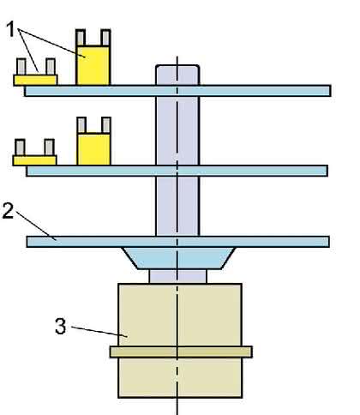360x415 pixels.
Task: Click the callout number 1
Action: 10,29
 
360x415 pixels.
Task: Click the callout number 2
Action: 8,211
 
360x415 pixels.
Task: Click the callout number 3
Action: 60,326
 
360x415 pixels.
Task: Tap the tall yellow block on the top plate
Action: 93,65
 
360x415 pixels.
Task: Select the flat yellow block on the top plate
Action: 35,80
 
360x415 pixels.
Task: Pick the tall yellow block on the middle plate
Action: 93,149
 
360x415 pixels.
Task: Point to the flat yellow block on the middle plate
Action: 34,160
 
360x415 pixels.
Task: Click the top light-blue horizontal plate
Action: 177,91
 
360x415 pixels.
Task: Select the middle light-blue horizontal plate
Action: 177,171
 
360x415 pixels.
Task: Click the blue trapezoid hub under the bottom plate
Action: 179,258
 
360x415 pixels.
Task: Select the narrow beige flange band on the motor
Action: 181,352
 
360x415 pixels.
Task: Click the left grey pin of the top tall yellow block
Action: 81,38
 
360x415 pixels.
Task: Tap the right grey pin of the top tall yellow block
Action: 105,38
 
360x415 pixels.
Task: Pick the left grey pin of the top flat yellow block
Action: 21,67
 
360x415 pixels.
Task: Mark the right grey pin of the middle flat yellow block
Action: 49,147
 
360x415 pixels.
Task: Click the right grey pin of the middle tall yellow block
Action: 106,125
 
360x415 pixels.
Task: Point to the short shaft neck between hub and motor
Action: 177,276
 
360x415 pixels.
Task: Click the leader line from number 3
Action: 99,332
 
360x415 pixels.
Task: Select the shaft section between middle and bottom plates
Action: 177,206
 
